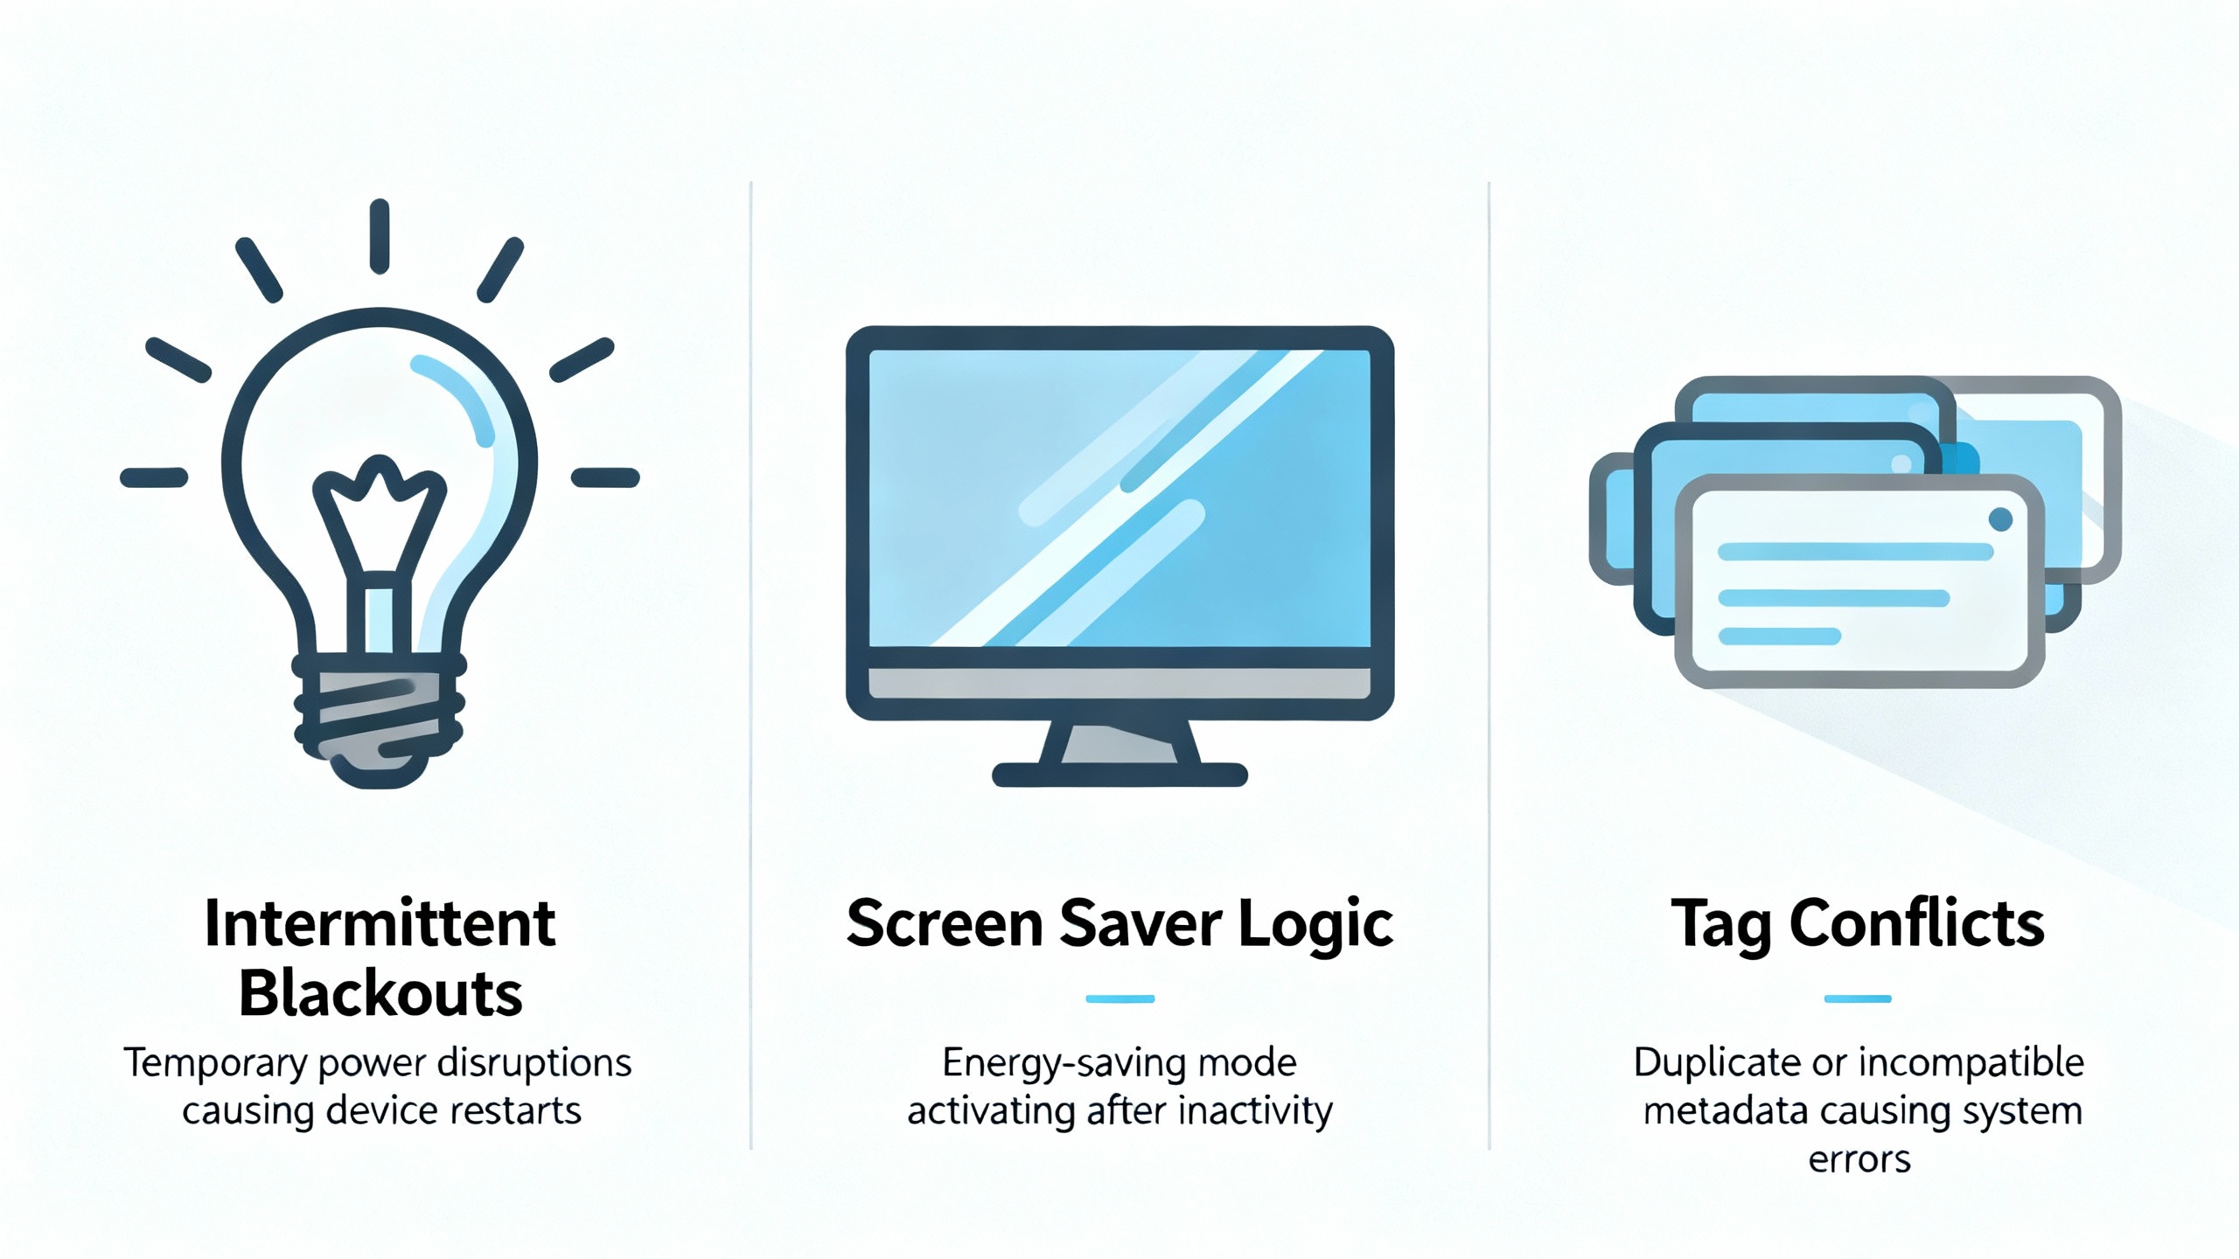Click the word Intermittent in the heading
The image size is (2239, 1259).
pos(380,923)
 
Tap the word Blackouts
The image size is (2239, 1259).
pos(380,994)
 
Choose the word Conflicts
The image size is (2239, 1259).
pos(1917,923)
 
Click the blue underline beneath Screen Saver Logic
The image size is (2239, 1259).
pos(1119,998)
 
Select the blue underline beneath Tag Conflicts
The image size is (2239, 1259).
pos(1858,998)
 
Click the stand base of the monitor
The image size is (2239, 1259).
pos(1119,775)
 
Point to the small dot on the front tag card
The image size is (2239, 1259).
pos(2000,520)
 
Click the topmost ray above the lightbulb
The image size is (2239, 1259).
pos(379,236)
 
